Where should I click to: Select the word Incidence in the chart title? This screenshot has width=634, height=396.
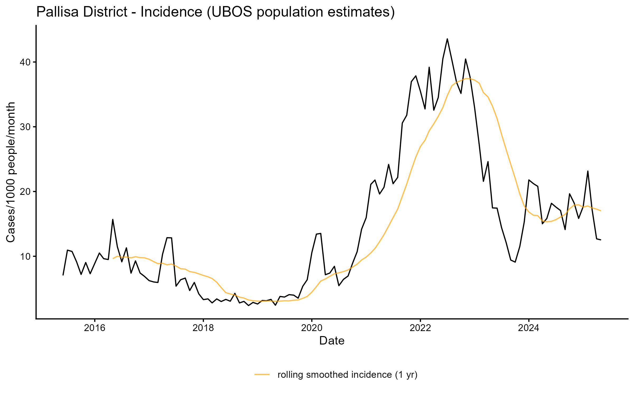(x=171, y=12)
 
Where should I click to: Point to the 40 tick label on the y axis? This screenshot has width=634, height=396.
(x=25, y=62)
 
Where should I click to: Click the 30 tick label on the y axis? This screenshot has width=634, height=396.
(x=25, y=127)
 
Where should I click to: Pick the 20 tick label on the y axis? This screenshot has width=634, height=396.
(x=25, y=192)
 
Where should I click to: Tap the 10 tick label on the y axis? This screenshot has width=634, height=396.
(x=25, y=256)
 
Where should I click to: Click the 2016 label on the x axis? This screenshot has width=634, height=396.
(x=95, y=328)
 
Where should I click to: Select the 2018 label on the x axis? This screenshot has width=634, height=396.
(x=203, y=328)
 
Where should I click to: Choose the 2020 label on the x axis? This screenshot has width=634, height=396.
(x=312, y=328)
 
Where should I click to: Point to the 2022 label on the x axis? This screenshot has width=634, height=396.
(x=420, y=328)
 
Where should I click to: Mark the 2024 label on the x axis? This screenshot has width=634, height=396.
(x=529, y=328)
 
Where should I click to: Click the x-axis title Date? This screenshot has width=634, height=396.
(x=332, y=341)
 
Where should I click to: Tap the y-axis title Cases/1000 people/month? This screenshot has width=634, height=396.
(x=11, y=172)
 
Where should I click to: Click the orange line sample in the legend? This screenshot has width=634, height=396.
(x=262, y=374)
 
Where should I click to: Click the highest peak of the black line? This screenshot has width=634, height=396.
(x=447, y=39)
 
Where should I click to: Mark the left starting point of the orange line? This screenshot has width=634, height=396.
(x=113, y=258)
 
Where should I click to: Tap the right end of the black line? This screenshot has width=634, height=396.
(x=601, y=240)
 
